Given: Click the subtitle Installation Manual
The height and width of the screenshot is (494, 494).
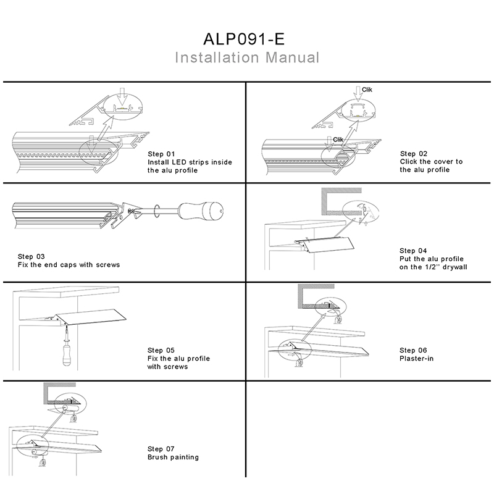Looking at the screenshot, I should click(247, 58).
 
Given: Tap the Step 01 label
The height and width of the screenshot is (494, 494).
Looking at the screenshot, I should click(162, 153).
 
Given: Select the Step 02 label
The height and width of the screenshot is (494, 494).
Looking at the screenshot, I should click(414, 153).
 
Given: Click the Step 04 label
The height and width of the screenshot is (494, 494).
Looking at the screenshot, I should click(414, 250).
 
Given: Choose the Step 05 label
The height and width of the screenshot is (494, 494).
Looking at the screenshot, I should click(162, 350).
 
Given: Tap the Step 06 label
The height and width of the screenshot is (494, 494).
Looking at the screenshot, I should click(414, 350).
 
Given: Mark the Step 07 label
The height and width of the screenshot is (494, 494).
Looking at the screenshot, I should click(162, 448).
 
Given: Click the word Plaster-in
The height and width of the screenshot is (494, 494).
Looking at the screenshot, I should click(417, 359).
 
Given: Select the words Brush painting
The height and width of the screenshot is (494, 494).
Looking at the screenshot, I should click(173, 457).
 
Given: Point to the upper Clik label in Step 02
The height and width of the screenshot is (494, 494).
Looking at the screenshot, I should click(367, 90).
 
